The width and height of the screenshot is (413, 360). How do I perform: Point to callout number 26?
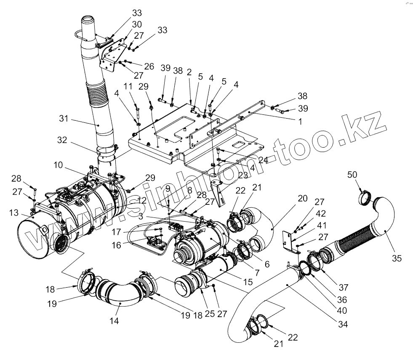click(x=149, y=66)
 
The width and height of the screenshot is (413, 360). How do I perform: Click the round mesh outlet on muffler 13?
click(x=61, y=243)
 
